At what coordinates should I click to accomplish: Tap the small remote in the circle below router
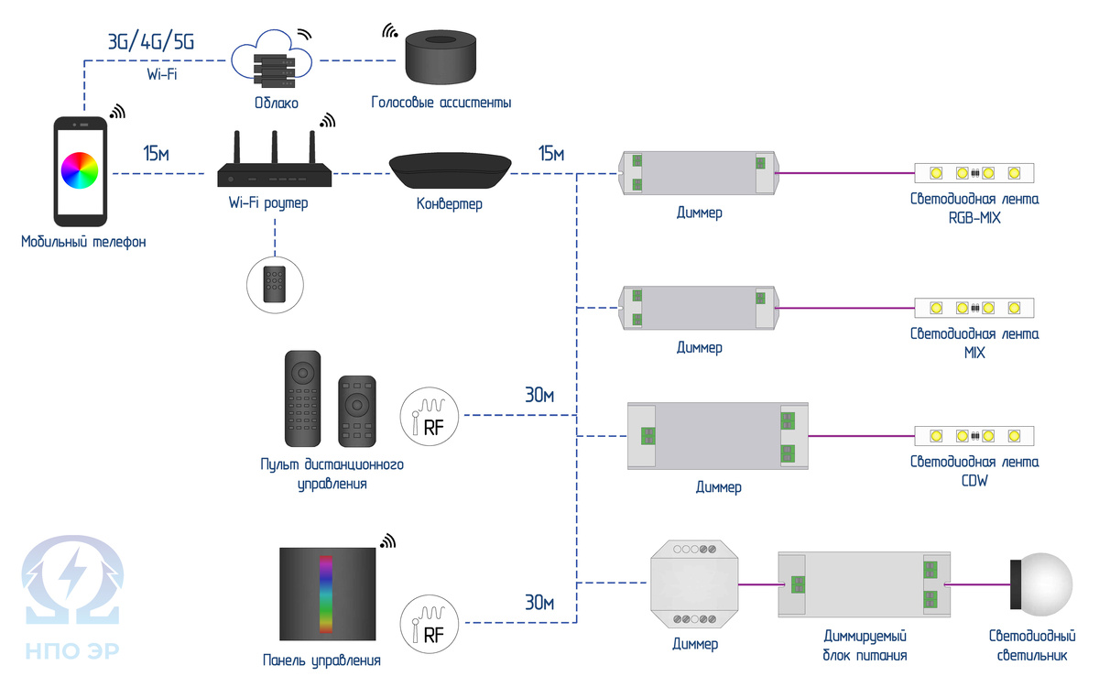[275, 285]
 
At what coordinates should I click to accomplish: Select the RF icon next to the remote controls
[428, 415]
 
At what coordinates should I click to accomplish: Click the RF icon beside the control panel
[428, 623]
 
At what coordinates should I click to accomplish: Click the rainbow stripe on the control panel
[327, 594]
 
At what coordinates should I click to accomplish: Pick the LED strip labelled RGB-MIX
[974, 172]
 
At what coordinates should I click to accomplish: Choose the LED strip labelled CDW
[974, 436]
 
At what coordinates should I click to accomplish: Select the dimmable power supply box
[864, 584]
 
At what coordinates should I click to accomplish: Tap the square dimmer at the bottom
[694, 583]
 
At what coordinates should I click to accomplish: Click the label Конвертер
[449, 203]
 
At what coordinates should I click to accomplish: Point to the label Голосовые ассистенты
[441, 103]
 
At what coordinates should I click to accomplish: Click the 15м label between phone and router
[157, 154]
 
